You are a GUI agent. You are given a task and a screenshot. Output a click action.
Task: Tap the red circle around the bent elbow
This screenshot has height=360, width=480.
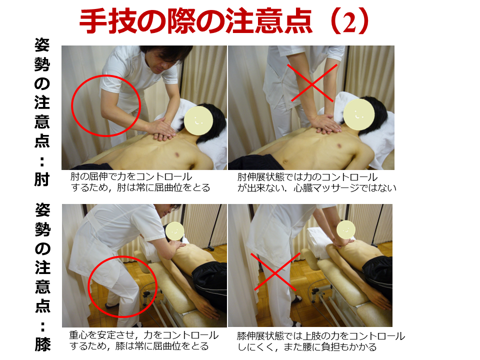click(71, 105)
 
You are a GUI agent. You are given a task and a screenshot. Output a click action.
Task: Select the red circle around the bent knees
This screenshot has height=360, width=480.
click(89, 286)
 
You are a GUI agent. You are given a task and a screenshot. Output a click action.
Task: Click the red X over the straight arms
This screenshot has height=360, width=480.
click(311, 83)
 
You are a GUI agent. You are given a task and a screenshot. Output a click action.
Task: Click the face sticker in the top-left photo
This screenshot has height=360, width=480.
click(198, 120)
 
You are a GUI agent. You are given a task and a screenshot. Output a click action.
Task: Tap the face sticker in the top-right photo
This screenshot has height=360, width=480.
click(359, 114)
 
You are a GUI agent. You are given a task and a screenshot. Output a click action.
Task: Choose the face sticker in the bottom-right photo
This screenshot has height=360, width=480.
click(345, 229)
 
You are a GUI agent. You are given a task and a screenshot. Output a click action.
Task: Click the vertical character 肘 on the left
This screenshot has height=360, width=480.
click(42, 179)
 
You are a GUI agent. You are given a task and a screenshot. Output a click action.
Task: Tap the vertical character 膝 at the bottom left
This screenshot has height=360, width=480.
click(42, 344)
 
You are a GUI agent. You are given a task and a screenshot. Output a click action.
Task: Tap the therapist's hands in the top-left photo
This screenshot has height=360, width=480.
click(160, 129)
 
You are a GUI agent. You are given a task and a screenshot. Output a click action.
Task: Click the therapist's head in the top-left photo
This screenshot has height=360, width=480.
click(164, 59)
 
